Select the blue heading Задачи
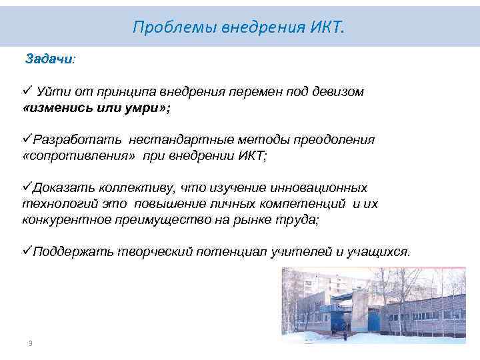49,59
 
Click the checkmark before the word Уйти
27,91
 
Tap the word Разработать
77,140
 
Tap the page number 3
30,343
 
